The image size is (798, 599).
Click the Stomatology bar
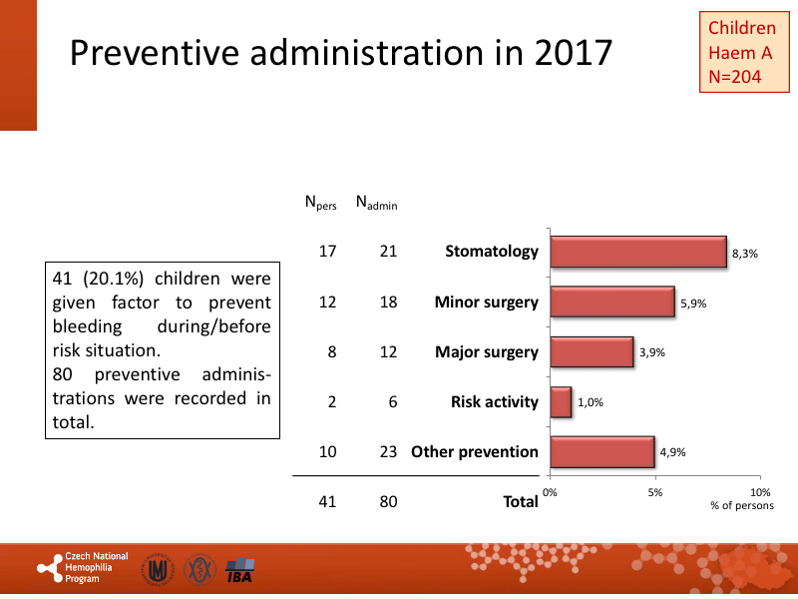click(638, 253)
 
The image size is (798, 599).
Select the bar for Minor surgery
click(612, 301)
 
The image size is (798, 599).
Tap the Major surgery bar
click(592, 351)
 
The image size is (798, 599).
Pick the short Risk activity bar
click(561, 401)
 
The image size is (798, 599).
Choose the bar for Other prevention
click(602, 451)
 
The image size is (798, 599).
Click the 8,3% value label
click(745, 255)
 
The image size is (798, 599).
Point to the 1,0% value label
click(591, 403)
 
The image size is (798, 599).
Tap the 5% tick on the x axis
click(655, 492)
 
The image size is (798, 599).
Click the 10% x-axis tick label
click(760, 492)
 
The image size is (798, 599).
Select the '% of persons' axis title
click(740, 506)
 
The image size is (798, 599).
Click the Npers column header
click(321, 204)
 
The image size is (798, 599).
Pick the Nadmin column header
click(376, 204)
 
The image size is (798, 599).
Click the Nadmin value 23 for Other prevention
click(388, 451)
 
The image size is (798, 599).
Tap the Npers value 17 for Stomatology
click(327, 252)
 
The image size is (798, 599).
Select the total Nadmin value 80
click(388, 501)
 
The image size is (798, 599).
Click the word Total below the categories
click(521, 502)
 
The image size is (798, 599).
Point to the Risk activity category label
click(495, 401)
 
